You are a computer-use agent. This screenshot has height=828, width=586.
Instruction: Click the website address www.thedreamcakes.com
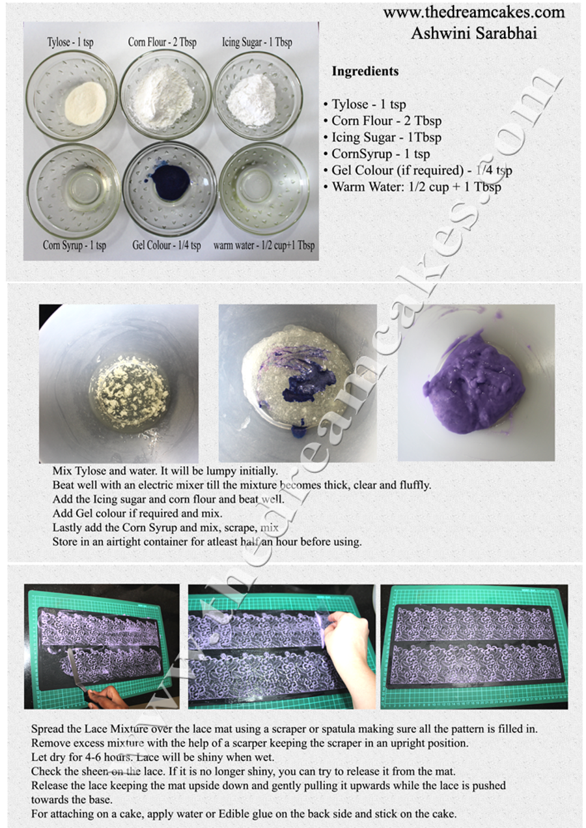point(473,12)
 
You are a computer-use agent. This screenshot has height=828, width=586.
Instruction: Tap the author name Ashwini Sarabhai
point(474,33)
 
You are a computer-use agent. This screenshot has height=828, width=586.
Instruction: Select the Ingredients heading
point(365,71)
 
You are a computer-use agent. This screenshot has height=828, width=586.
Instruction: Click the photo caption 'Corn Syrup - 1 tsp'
point(74,245)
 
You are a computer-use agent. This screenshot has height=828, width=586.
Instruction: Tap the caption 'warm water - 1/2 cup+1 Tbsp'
point(264,245)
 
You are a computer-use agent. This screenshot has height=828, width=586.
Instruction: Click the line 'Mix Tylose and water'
point(165,470)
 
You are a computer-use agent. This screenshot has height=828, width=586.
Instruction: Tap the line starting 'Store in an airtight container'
point(206,542)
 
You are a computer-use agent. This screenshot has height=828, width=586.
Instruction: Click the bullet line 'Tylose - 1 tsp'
point(369,104)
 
